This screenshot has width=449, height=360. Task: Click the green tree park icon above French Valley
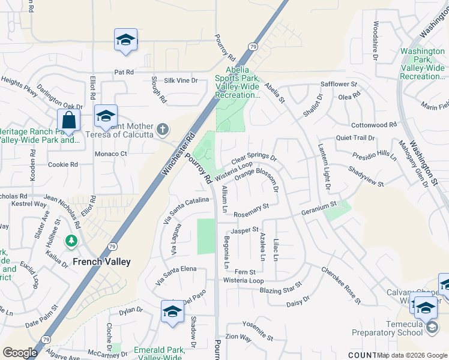[72, 241]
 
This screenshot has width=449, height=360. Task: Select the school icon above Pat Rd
[126, 40]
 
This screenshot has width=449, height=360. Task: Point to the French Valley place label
[101, 262]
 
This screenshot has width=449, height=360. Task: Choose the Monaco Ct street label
[111, 154]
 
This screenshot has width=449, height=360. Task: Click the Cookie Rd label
[63, 164]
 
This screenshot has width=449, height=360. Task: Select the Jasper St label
[245, 230]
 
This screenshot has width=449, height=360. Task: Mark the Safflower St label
[339, 85]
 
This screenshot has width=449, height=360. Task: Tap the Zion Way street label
[238, 337]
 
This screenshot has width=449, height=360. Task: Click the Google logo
[20, 353]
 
